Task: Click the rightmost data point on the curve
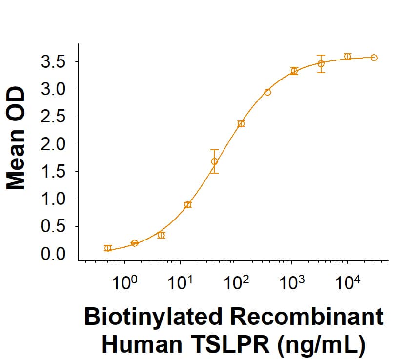pos(374,58)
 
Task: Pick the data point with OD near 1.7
pos(214,161)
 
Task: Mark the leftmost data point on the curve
pos(108,248)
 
